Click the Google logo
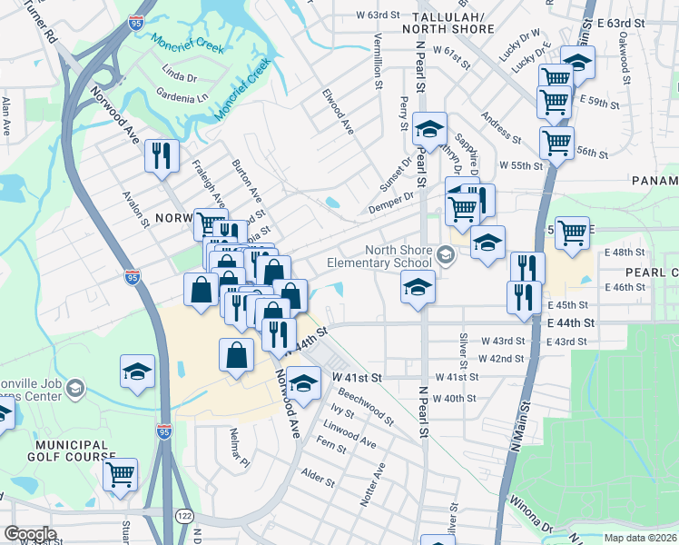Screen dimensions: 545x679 tap(29, 534)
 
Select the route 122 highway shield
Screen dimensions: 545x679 tap(185, 515)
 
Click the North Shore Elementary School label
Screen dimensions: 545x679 tap(399, 258)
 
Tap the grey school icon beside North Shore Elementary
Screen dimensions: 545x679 tap(445, 253)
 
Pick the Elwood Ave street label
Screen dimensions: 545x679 tap(337, 112)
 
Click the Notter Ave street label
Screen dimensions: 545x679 tap(372, 484)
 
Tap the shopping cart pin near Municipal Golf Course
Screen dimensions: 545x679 tap(120, 474)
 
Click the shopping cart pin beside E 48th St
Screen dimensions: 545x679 tap(572, 233)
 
